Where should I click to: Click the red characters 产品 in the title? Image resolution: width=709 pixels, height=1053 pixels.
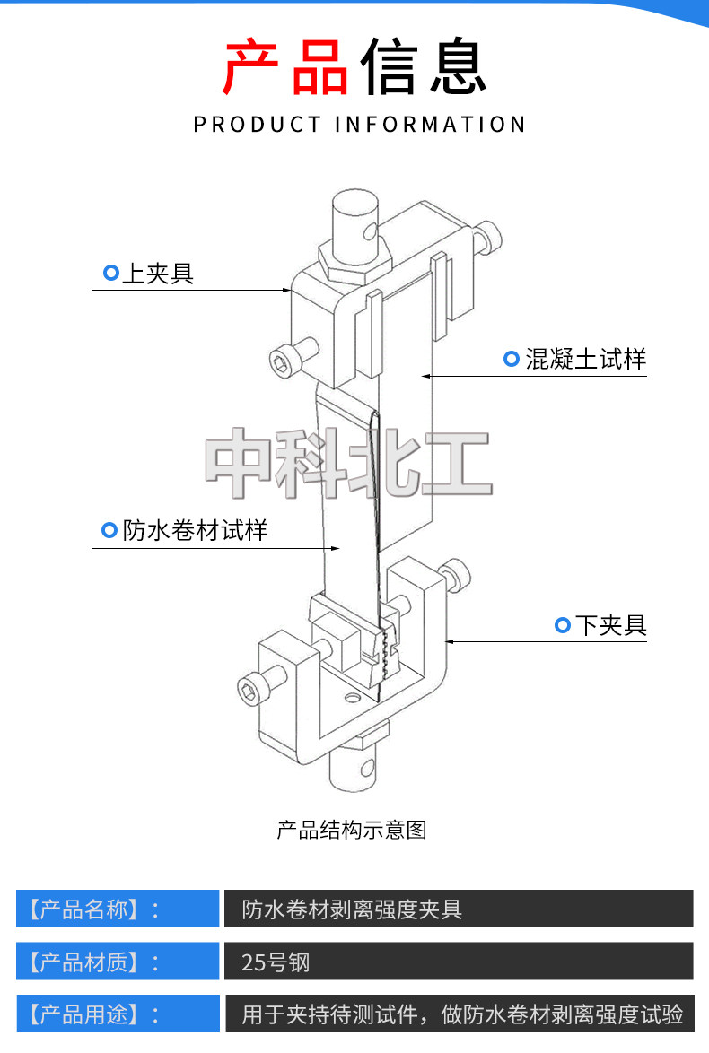(x=285, y=68)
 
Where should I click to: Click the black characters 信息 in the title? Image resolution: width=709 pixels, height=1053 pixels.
(x=423, y=68)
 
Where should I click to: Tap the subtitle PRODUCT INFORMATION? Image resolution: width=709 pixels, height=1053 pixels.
(x=359, y=125)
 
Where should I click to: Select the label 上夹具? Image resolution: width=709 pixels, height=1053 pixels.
(x=158, y=273)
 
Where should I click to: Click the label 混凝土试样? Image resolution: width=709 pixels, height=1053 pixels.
(x=586, y=360)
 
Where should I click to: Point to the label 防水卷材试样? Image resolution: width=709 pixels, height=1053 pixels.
(x=195, y=530)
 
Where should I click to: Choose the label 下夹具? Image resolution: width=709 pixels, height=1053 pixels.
(x=610, y=625)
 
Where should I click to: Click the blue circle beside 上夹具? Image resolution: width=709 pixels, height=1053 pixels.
(x=111, y=273)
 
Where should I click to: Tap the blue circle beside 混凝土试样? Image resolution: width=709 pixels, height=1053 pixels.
(x=512, y=360)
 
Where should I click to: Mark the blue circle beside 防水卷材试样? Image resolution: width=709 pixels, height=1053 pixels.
(x=109, y=531)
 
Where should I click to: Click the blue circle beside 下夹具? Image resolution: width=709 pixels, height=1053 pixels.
(x=563, y=625)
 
